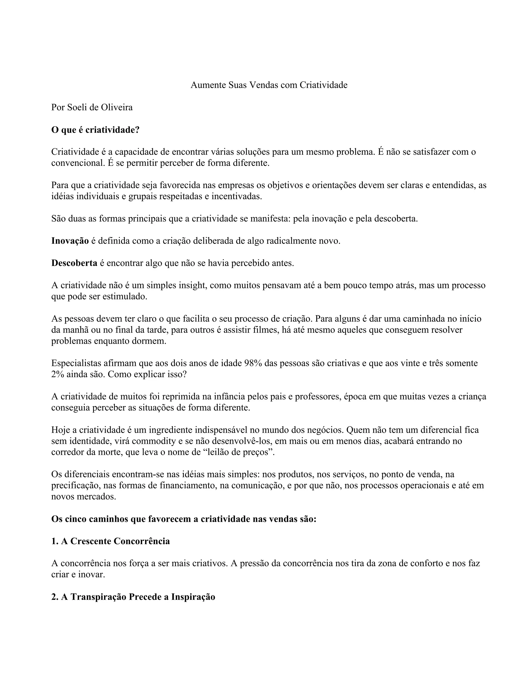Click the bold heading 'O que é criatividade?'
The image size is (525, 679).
tap(95, 130)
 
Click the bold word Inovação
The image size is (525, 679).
tap(70, 241)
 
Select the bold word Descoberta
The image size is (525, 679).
tap(74, 263)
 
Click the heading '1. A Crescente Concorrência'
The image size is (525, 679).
tap(110, 541)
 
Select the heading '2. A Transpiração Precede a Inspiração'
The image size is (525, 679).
tap(133, 597)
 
